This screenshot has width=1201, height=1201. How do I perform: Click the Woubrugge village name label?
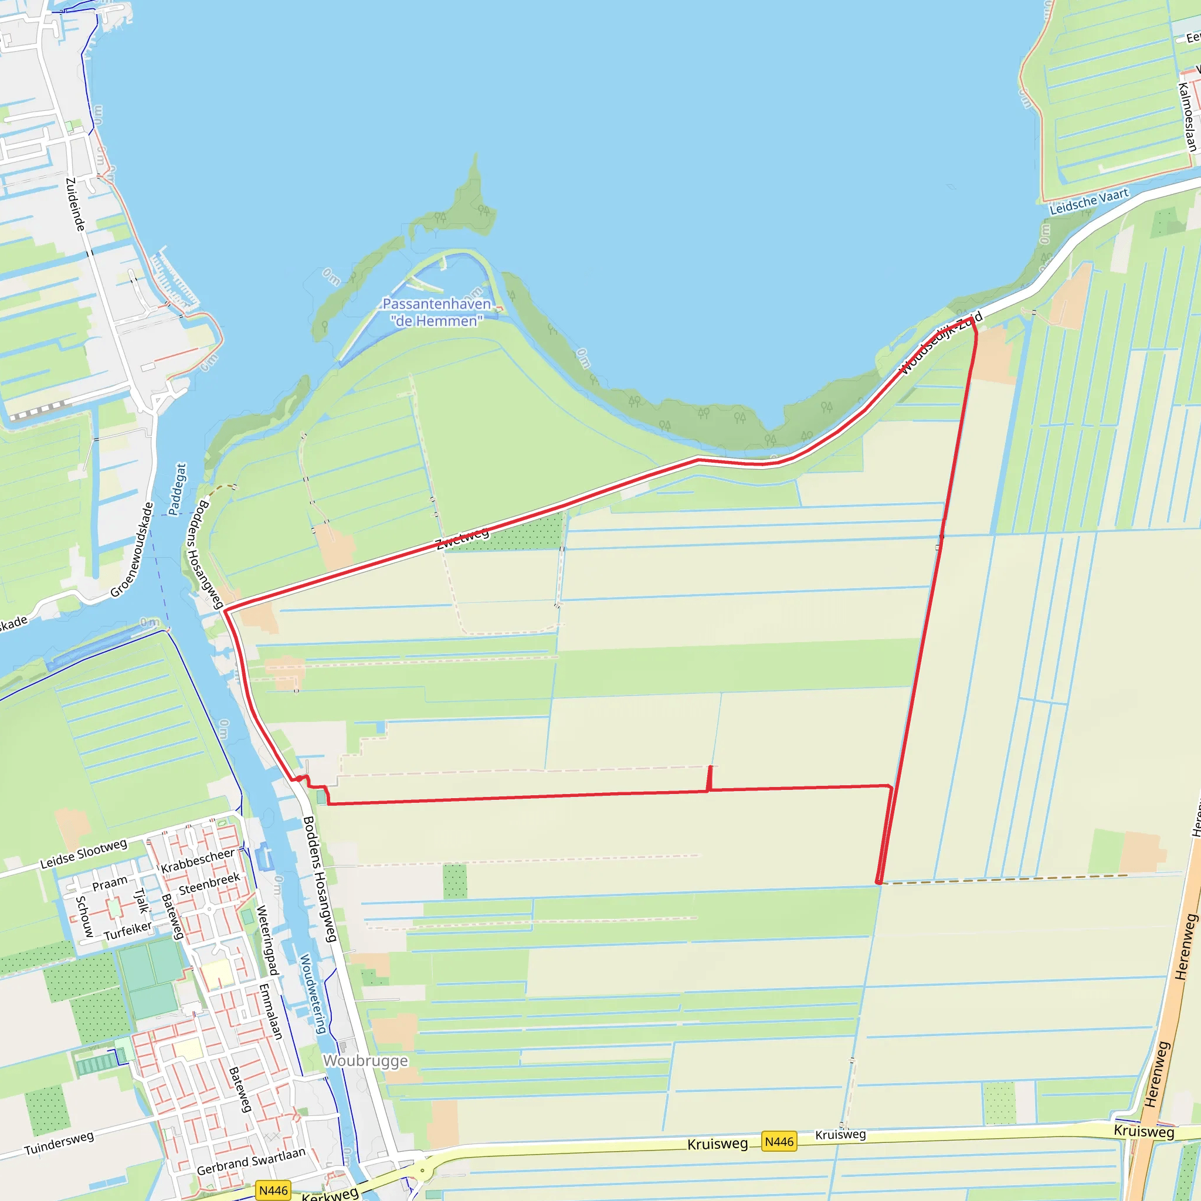point(365,1060)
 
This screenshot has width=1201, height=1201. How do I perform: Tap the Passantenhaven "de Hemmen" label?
point(436,312)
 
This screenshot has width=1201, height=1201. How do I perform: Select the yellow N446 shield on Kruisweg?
point(779,1141)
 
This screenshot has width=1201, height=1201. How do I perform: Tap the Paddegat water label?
point(177,489)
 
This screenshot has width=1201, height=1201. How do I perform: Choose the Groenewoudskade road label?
point(132,549)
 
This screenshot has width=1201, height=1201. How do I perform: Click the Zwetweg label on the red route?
point(463,538)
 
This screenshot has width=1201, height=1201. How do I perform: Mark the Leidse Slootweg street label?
point(83,853)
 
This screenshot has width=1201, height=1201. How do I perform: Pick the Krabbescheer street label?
point(198,860)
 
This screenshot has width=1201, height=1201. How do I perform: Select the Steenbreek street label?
point(209,884)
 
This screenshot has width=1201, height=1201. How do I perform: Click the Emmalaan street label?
point(271,1011)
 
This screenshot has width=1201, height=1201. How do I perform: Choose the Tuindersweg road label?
point(59,1142)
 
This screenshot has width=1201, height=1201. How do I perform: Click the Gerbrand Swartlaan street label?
point(251,1161)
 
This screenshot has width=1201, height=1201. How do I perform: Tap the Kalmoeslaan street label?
point(1188,117)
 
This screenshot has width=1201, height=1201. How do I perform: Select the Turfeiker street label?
point(128,931)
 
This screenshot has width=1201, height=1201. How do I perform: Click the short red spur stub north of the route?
point(710,777)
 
